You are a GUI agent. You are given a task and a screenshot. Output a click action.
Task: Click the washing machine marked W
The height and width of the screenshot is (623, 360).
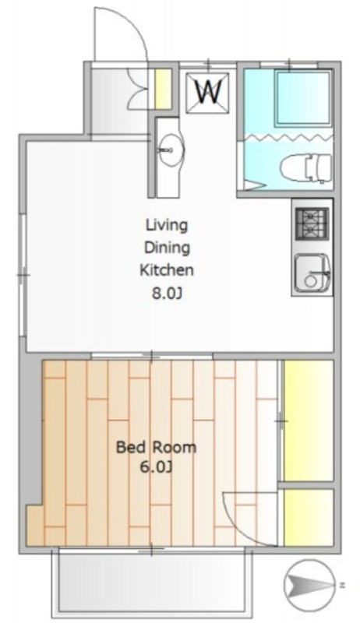tap(207, 93)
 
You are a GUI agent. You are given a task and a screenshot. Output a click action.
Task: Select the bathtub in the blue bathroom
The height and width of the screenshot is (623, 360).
tap(304, 99)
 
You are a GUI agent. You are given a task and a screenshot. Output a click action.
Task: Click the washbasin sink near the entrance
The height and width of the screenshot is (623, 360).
tap(171, 150)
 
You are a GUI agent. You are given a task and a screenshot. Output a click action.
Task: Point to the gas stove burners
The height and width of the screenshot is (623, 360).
tap(312, 224)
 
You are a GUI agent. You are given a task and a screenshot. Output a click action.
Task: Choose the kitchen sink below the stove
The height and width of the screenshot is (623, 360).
tap(312, 272)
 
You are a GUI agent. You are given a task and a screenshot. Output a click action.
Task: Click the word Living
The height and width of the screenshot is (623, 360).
tap(167, 226)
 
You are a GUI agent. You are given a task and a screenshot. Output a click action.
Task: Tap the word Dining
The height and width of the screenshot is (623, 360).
tap(167, 248)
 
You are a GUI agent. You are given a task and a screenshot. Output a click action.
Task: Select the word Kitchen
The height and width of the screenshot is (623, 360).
tap(167, 270)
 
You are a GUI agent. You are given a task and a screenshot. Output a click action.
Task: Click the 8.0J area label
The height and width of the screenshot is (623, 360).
tap(167, 294)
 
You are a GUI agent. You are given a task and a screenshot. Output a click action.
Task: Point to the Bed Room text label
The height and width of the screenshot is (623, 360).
tap(156, 447)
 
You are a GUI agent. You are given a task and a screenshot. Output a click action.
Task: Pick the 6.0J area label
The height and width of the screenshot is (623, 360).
tap(155, 468)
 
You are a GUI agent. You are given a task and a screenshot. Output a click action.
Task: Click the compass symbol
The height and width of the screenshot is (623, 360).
tap(309, 584)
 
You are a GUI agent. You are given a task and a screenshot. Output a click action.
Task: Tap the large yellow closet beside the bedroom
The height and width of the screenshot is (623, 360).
tap(309, 420)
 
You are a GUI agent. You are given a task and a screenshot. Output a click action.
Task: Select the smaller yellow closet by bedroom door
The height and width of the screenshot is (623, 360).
tap(309, 518)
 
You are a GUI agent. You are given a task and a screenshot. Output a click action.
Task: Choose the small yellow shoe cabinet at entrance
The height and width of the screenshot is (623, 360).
tap(163, 89)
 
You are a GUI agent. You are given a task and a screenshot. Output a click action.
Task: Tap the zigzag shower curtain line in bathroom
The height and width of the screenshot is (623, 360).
tap(288, 137)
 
